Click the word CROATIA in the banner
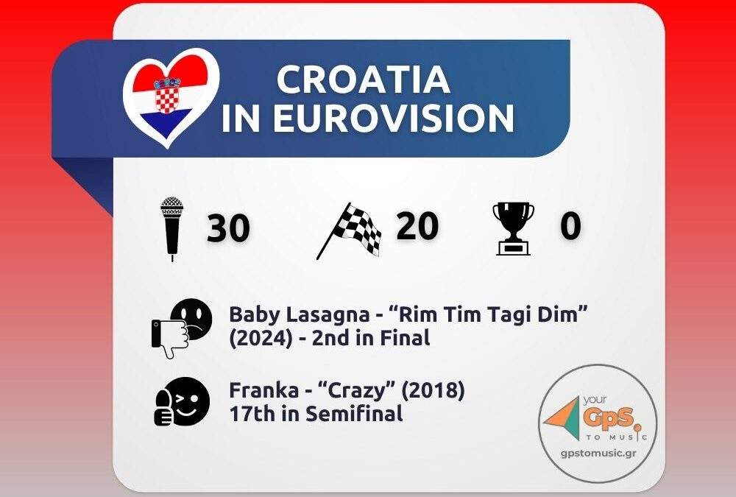pos(364,79)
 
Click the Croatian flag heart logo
pos(171,97)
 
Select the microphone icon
pos(171,228)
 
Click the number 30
pos(228,228)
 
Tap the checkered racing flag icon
pos(349,230)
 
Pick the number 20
pos(417,226)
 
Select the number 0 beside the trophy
pos(570,225)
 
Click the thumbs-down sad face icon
pos(182,328)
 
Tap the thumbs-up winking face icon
pos(182,401)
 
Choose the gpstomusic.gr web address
pos(598,453)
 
